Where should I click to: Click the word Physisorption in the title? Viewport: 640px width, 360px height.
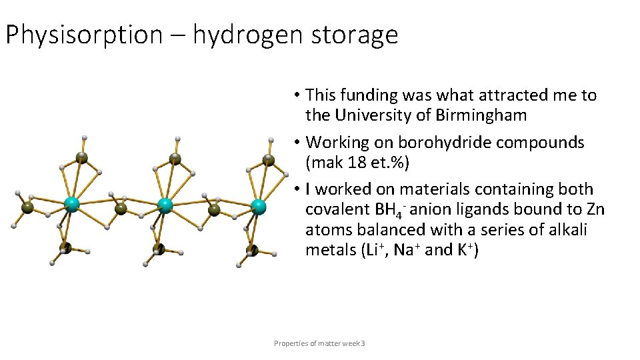pyautogui.click(x=83, y=35)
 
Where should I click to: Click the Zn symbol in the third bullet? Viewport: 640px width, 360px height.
pyautogui.click(x=593, y=209)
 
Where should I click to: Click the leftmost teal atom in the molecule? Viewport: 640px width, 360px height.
pyautogui.click(x=71, y=205)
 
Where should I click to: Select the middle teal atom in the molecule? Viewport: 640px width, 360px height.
pyautogui.click(x=165, y=205)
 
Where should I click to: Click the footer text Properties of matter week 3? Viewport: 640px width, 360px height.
pyautogui.click(x=319, y=343)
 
